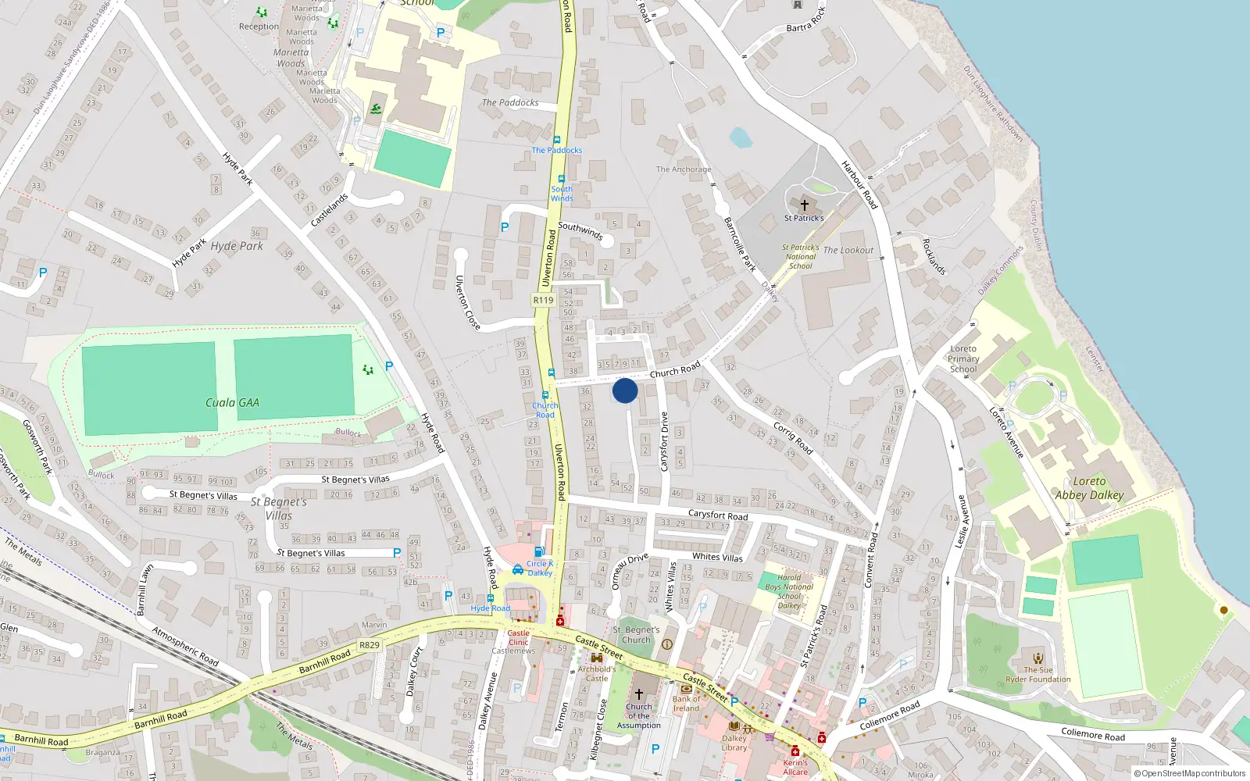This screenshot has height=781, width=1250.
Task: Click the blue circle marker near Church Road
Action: tap(625, 390)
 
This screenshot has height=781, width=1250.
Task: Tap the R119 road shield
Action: tap(543, 300)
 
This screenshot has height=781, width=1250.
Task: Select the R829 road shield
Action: tap(369, 645)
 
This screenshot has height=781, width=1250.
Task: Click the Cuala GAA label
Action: tap(232, 403)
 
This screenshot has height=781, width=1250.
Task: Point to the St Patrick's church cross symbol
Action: tap(804, 205)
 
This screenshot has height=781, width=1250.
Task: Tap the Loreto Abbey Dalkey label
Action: tap(1089, 488)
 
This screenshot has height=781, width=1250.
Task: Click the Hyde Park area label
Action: tap(237, 246)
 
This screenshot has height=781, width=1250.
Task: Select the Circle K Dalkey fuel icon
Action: tap(538, 551)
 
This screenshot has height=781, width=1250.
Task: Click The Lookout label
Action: tap(848, 251)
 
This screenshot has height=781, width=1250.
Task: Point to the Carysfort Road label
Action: tap(717, 515)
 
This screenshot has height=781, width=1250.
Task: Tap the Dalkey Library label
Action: tap(734, 743)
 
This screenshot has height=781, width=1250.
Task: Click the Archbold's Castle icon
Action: tap(597, 658)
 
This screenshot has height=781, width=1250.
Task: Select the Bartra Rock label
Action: tap(806, 19)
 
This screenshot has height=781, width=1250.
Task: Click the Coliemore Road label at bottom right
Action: tap(1093, 734)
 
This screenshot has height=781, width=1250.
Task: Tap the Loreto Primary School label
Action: tap(963, 359)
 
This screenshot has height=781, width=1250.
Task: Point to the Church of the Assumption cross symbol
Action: tap(638, 694)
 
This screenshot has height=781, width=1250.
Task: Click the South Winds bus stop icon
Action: tap(561, 179)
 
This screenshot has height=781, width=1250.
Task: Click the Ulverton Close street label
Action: tap(467, 302)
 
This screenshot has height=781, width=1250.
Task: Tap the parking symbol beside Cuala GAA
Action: tap(389, 366)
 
